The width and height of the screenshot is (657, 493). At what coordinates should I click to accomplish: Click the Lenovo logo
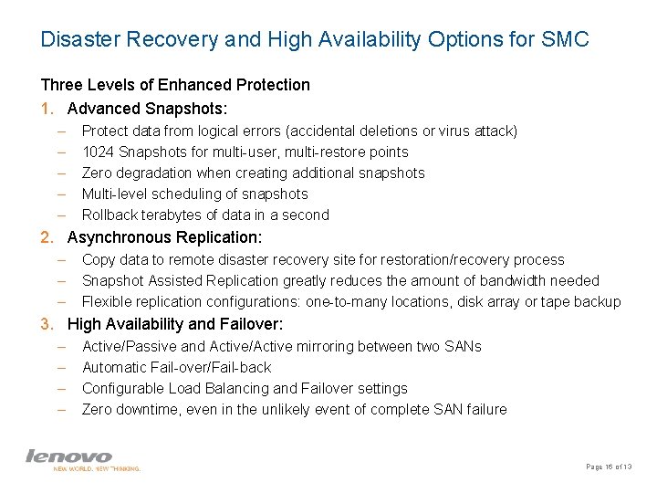(68, 456)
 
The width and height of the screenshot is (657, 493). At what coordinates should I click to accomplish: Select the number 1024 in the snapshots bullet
(98, 152)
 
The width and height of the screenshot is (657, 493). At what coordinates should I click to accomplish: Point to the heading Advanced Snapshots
(152, 108)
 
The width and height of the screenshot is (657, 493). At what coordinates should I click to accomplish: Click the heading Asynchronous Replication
(164, 237)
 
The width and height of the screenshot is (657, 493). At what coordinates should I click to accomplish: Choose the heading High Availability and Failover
(175, 324)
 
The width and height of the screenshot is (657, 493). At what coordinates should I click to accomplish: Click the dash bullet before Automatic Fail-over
(60, 367)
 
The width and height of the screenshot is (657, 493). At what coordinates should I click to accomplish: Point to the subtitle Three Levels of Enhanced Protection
(175, 85)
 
